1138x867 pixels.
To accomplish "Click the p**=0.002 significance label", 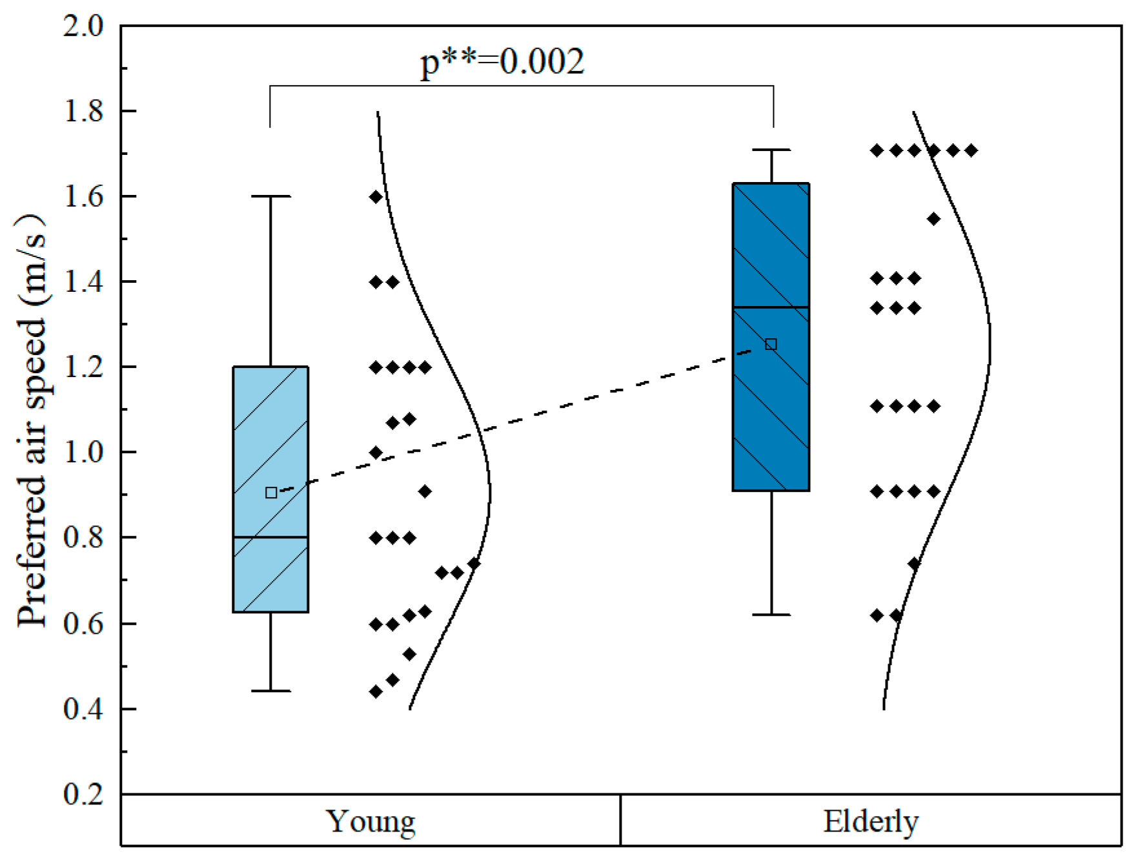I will click(x=502, y=63).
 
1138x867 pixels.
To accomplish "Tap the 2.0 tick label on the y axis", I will click(x=83, y=26).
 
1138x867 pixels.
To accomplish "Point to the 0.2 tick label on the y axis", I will click(x=83, y=794).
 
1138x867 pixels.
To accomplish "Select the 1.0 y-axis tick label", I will click(x=83, y=452).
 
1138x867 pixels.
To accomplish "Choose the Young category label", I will click(x=371, y=822).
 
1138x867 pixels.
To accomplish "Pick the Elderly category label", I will click(x=871, y=822).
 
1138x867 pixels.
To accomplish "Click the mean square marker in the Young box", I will click(x=271, y=493).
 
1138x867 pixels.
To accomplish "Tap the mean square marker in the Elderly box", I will click(x=771, y=344).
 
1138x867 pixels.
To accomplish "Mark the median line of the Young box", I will click(x=270, y=537).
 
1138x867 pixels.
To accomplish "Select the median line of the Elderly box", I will click(x=771, y=307).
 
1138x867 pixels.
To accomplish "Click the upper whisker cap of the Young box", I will click(x=270, y=196).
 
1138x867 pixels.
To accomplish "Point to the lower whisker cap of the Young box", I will click(x=270, y=691).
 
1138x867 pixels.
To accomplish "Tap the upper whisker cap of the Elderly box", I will click(x=771, y=150).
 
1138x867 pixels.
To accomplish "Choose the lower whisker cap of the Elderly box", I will click(x=771, y=615).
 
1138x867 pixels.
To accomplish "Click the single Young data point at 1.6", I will click(x=376, y=197).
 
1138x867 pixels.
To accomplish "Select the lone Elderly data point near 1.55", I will click(x=933, y=219).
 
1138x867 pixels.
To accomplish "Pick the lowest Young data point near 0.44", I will click(x=376, y=691).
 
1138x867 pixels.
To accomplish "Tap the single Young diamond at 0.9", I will click(x=425, y=492).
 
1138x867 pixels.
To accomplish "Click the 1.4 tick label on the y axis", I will click(x=83, y=281).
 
